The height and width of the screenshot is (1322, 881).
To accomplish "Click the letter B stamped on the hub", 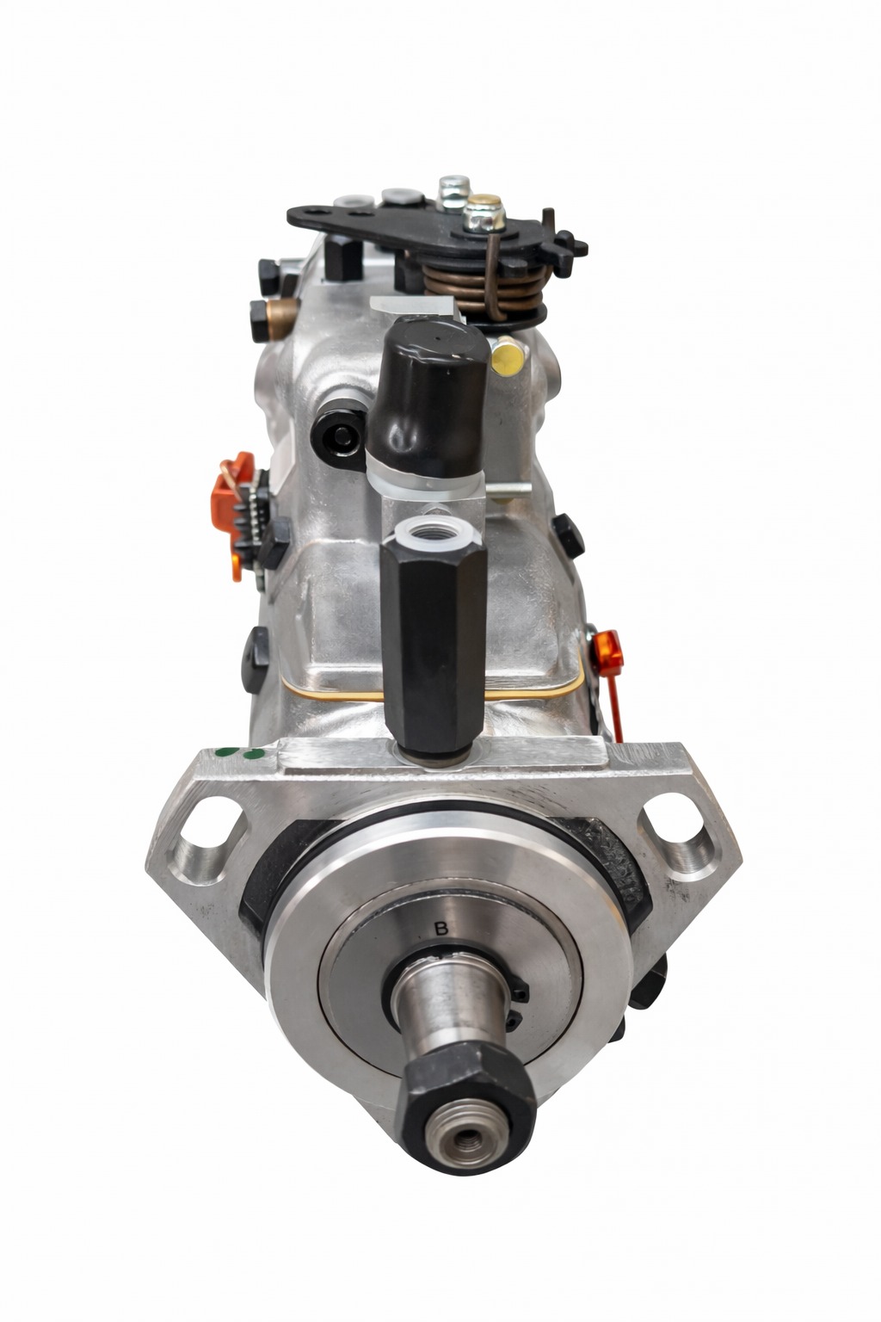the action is (x=440, y=929).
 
